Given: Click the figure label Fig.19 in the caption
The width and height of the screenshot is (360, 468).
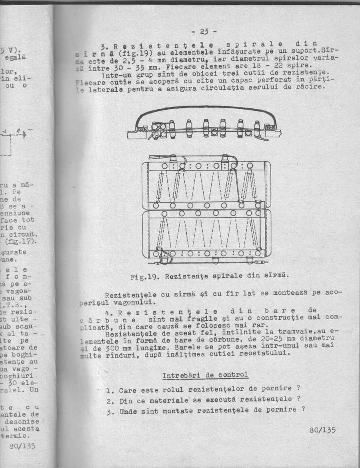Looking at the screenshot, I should point(145,276).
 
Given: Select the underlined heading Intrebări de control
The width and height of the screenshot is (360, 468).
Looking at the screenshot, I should point(205,376).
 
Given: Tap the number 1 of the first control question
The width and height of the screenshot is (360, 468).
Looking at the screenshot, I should point(108,390).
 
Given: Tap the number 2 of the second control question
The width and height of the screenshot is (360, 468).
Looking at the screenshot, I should point(108,401).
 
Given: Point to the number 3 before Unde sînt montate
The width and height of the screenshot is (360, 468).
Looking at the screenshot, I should point(108,411).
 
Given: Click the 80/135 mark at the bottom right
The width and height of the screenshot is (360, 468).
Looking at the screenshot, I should point(322,430).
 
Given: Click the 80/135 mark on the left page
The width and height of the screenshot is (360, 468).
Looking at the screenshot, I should point(22,446).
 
